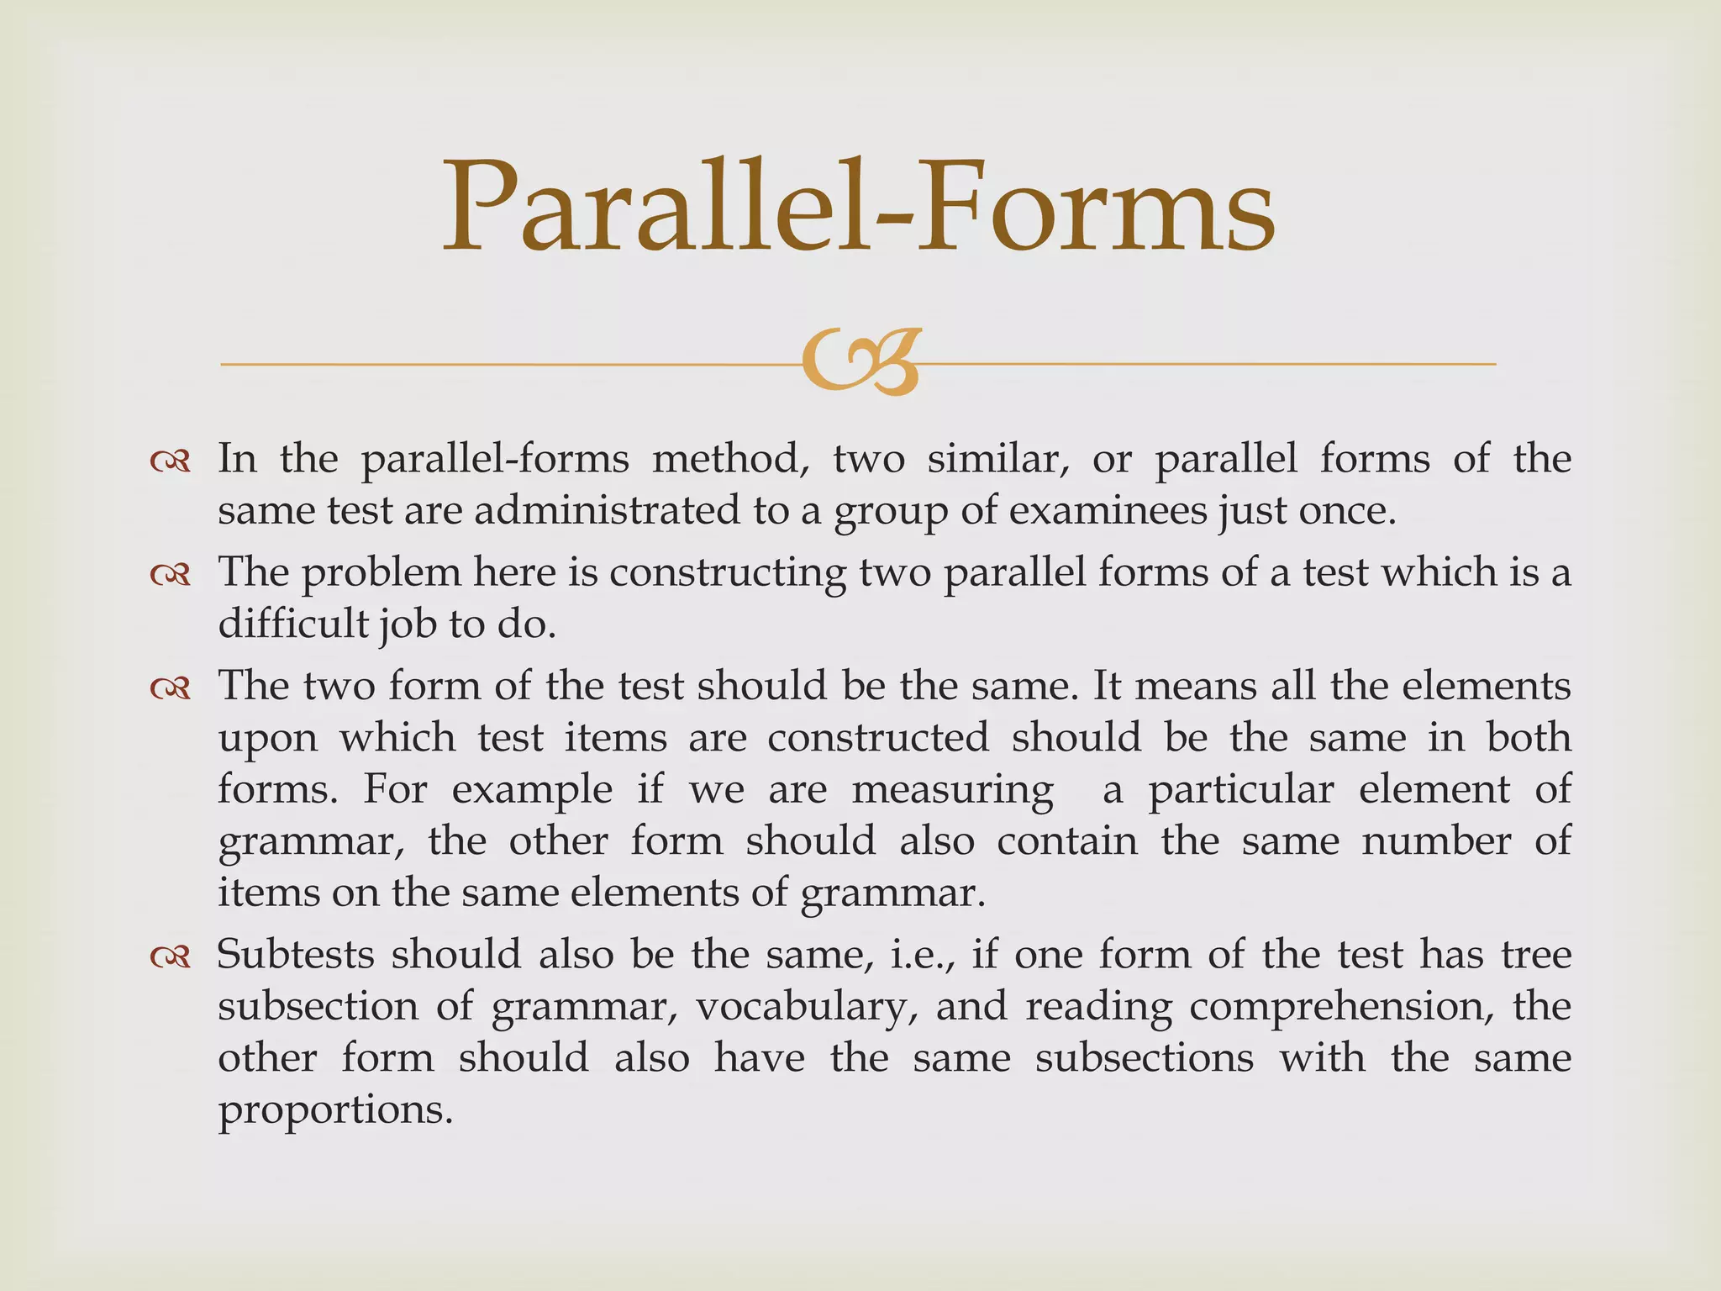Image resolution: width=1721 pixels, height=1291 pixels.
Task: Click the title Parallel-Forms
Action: tap(859, 208)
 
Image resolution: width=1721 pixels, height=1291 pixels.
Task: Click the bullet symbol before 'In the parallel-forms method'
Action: tap(171, 461)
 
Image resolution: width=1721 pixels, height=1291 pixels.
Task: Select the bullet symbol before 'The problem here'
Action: tap(171, 575)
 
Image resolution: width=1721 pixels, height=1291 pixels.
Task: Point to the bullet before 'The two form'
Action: tap(171, 688)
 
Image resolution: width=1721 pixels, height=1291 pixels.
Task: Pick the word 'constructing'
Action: tap(728, 573)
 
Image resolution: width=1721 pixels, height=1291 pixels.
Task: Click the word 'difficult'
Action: tap(293, 624)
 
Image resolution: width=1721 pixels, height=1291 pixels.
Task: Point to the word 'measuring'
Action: tap(952, 790)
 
